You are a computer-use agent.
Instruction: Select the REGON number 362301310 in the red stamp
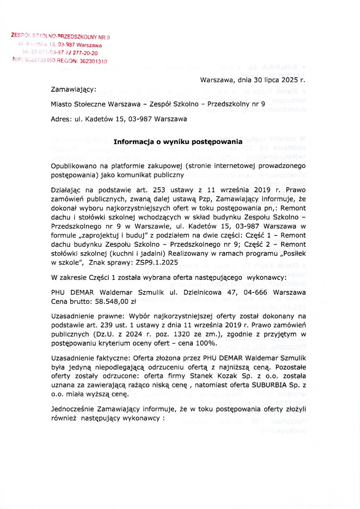[93, 61]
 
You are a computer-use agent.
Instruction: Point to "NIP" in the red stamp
[17, 59]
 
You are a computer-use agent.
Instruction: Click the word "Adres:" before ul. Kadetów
[61, 119]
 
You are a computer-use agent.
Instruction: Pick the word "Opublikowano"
[74, 166]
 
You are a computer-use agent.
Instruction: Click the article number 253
[159, 190]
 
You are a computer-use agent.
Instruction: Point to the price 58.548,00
[112, 301]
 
